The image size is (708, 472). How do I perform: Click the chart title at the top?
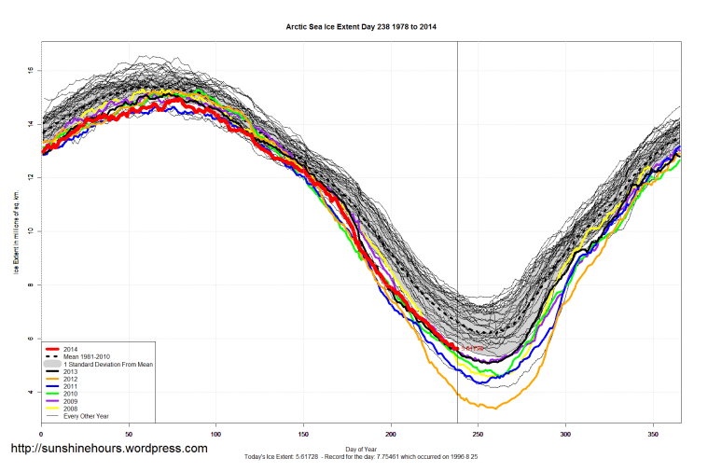(x=361, y=27)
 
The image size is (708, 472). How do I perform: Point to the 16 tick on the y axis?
(x=31, y=70)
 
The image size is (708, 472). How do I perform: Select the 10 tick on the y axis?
(x=31, y=230)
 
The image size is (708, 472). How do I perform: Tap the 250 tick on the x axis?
(x=479, y=436)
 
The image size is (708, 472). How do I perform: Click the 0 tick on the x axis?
(x=41, y=436)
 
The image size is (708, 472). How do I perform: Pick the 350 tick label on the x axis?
(x=653, y=436)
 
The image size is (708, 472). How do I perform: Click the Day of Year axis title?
(x=361, y=449)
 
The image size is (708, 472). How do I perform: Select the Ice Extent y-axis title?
(x=16, y=231)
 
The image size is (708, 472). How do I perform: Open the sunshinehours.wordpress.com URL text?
(x=108, y=449)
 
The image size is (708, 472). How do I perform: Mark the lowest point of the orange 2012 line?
(x=495, y=408)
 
